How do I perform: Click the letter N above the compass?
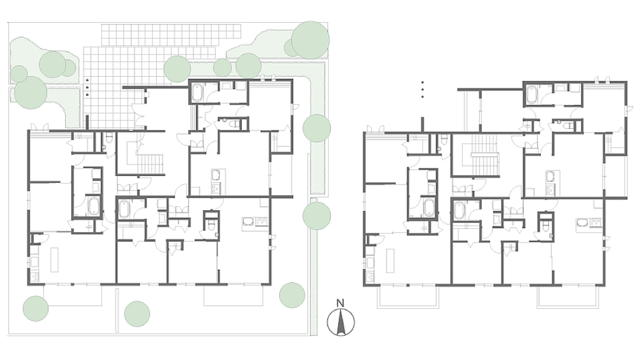point(340,303)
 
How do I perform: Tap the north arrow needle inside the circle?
point(340,322)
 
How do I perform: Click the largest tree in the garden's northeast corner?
point(310,40)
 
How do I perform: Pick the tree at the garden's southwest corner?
point(36,309)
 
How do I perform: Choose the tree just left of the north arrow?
point(292,295)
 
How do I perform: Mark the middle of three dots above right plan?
point(422,90)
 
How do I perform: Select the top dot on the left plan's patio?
point(87,80)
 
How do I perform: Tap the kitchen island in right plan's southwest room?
point(390,260)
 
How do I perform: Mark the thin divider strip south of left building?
point(117,310)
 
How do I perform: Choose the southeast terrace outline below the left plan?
point(234,295)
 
